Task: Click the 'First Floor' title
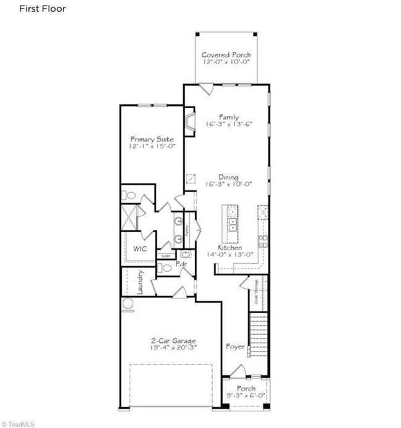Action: [x=42, y=9]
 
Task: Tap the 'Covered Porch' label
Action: [x=226, y=56]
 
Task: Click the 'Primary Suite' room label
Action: [x=151, y=140]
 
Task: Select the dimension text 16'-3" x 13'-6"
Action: [x=229, y=124]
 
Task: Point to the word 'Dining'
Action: [x=229, y=177]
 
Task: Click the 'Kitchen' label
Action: [x=229, y=247]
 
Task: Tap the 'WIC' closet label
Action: [x=139, y=249]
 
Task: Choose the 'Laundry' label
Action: [x=141, y=282]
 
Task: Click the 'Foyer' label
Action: [x=235, y=346]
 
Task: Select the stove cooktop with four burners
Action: [x=263, y=241]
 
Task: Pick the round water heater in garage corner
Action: [x=128, y=304]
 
